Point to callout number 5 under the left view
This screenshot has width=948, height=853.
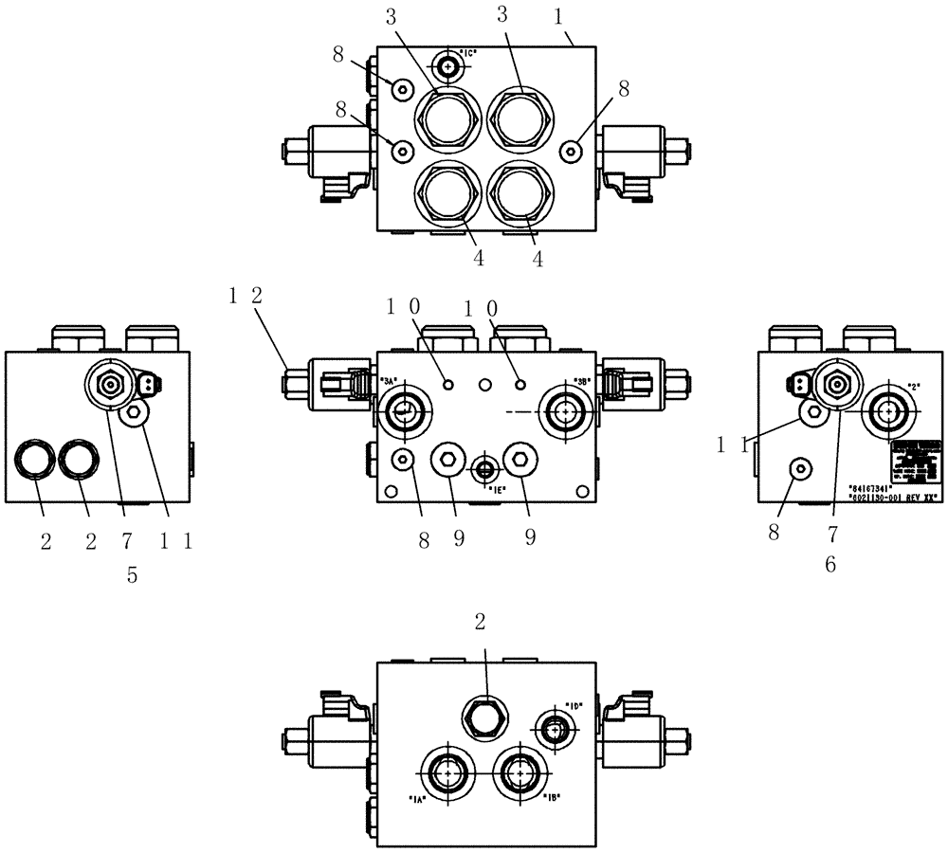pyautogui.click(x=133, y=575)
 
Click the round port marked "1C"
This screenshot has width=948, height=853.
pyautogui.click(x=447, y=65)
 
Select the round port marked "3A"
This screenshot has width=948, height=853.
pyautogui.click(x=405, y=410)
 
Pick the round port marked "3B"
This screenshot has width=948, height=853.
pyautogui.click(x=566, y=410)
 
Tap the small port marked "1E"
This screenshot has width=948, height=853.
pyautogui.click(x=485, y=467)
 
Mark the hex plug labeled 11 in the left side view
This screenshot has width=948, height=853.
pyautogui.click(x=134, y=412)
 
